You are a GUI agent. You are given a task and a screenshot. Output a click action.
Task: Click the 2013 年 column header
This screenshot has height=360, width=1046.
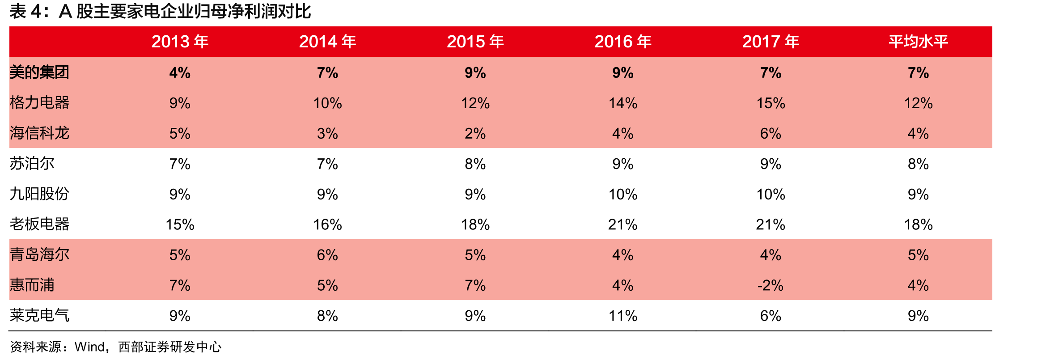(x=180, y=42)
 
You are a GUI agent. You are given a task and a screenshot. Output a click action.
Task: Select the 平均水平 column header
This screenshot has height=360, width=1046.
(x=918, y=42)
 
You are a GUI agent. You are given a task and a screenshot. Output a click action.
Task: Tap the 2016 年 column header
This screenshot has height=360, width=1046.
(x=623, y=42)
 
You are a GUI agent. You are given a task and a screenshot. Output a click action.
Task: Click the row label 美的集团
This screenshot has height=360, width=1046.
(x=39, y=72)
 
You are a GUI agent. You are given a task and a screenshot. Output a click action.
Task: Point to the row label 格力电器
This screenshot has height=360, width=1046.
(x=39, y=103)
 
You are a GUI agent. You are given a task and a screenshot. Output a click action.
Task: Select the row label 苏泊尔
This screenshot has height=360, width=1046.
(x=32, y=164)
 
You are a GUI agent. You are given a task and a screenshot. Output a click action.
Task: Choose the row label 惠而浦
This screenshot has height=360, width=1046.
(x=32, y=285)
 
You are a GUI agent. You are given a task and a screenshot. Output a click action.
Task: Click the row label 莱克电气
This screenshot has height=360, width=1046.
(x=39, y=316)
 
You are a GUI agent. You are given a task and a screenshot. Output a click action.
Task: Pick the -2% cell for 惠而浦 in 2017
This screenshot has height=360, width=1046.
(x=771, y=285)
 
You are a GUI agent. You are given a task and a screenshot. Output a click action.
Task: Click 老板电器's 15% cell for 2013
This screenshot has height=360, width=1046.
(x=180, y=224)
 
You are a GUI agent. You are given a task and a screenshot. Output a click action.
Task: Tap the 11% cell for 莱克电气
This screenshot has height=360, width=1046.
(x=623, y=316)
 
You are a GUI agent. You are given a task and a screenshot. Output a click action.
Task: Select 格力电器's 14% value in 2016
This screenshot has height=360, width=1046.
(x=623, y=103)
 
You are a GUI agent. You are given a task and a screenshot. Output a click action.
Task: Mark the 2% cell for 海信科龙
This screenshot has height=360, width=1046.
(x=475, y=133)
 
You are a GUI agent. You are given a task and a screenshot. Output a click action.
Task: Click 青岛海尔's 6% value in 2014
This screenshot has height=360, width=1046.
(x=327, y=255)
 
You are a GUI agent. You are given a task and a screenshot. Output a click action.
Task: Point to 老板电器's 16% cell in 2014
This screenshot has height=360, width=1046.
(x=327, y=224)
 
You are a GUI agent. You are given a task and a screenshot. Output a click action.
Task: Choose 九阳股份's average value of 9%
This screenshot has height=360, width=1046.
(x=918, y=194)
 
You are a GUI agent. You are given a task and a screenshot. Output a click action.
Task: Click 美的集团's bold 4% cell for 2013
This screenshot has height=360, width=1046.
(x=180, y=72)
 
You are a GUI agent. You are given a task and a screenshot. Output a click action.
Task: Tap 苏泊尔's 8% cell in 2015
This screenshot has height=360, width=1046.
(x=475, y=164)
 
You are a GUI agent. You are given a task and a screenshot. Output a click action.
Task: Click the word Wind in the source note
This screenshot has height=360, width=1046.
(x=89, y=347)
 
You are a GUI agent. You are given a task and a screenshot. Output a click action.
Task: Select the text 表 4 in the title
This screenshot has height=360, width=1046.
(x=26, y=12)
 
